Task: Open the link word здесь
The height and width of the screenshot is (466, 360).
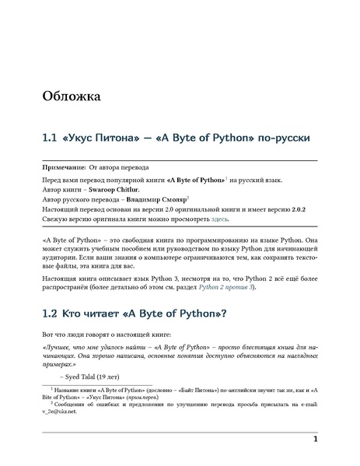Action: (219, 220)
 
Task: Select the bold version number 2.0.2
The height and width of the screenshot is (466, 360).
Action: (304, 210)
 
